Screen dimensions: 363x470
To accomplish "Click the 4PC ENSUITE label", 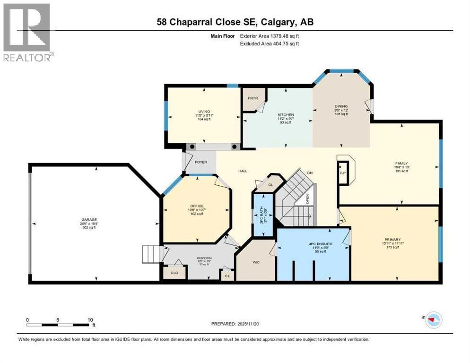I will coord(313,245).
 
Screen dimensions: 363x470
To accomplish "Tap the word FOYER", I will coord(201,162).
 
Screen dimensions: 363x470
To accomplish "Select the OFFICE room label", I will coord(197,206).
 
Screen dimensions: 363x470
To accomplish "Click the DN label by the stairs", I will coord(310,173).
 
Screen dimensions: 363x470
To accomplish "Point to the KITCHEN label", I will coord(286,114).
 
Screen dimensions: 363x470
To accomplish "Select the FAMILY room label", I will coord(401,163).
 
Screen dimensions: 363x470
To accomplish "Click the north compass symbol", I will coord(432,320).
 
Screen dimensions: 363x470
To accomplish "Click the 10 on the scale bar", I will coord(90,319).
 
